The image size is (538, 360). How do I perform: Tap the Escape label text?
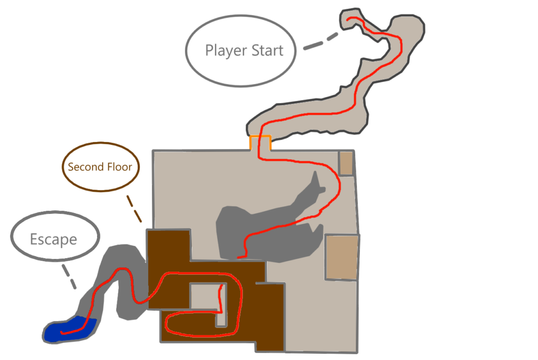point(54,240)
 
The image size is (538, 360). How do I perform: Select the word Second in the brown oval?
point(84,167)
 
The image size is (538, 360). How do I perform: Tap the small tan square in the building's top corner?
point(346,162)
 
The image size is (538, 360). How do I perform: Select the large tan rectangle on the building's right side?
point(342,257)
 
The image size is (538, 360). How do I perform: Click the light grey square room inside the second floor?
point(204,296)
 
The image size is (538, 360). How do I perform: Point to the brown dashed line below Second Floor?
point(135,208)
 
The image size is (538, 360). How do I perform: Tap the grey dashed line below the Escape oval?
point(69,277)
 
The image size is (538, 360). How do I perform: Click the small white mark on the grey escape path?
point(113,302)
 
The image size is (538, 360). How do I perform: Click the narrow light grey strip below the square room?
point(221,317)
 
